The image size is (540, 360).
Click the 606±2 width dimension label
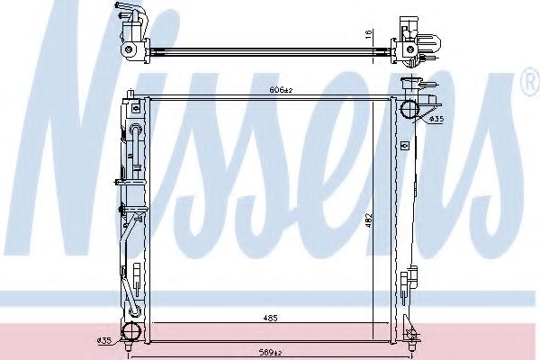point(282,90)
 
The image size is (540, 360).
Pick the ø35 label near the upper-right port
point(436,119)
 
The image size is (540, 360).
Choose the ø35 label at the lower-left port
point(103,339)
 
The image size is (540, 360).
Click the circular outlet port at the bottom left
point(132,330)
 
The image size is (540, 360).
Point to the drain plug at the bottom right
point(410,340)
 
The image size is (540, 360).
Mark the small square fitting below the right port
point(417,139)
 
